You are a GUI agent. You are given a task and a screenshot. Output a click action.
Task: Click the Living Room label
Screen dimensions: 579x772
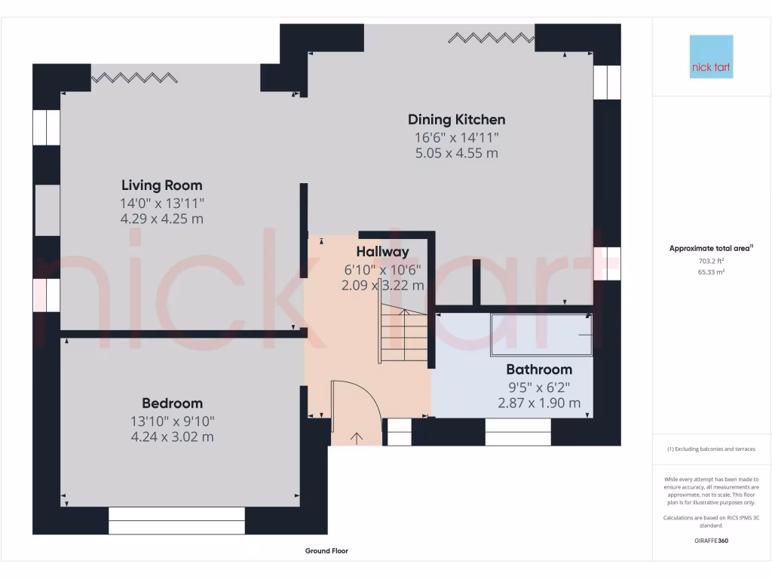[x=162, y=185]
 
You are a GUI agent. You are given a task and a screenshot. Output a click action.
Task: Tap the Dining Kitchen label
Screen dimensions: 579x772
[x=456, y=119]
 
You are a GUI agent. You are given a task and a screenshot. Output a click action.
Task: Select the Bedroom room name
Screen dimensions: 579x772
[x=172, y=403]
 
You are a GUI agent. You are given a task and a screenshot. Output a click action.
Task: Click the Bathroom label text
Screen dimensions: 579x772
[x=538, y=369]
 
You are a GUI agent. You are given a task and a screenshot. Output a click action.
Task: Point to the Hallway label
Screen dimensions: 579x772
[x=382, y=252]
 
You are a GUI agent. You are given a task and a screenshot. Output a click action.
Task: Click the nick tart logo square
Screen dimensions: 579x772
[x=711, y=57]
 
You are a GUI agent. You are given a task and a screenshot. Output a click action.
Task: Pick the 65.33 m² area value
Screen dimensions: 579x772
[x=712, y=271]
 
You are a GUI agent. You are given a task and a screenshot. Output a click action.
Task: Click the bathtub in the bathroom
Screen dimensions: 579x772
[x=541, y=333]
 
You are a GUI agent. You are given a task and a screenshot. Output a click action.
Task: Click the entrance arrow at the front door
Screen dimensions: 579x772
[x=356, y=437]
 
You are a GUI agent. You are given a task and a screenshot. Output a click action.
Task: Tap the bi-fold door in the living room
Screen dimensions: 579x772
[x=135, y=77]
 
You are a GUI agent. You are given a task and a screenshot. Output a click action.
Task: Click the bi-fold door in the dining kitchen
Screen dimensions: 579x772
[x=491, y=37]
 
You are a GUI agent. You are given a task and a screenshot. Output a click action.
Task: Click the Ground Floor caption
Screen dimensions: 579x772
[x=326, y=551]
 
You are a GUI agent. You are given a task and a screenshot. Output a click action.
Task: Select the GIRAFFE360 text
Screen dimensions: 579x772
[x=711, y=541]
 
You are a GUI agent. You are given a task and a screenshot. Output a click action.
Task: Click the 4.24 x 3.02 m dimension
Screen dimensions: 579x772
[x=172, y=437]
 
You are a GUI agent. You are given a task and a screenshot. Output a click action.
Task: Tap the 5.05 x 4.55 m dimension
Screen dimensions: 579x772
[x=456, y=153]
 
